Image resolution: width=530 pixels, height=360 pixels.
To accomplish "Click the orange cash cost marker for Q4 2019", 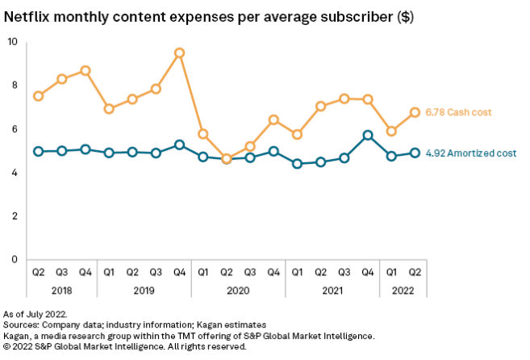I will click(x=179, y=53).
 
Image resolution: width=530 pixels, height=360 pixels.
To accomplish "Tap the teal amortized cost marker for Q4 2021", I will click(x=368, y=136).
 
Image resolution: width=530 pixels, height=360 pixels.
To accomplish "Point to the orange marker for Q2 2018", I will click(x=38, y=96).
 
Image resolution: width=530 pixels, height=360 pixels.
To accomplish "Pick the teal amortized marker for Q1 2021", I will click(x=297, y=164).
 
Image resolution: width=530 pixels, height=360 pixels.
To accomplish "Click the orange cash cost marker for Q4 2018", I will click(x=85, y=71).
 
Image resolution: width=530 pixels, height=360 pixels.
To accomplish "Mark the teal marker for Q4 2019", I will click(x=179, y=145).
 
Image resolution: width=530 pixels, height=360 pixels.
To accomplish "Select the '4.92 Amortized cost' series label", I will click(x=482, y=153).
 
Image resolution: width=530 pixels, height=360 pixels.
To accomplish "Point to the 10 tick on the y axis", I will click(x=12, y=42).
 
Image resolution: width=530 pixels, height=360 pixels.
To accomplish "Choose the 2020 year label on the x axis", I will click(x=238, y=289).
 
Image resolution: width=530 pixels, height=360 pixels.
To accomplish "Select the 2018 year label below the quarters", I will click(x=61, y=289).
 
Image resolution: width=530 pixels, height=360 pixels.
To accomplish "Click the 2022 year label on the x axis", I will click(x=403, y=289).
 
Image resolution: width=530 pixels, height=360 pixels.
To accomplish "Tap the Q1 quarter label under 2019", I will click(x=108, y=270).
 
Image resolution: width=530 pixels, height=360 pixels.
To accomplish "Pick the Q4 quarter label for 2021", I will click(x=368, y=270).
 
